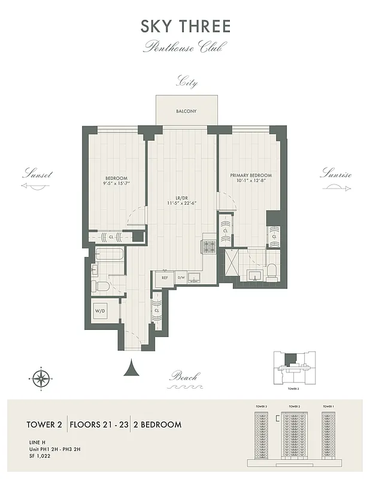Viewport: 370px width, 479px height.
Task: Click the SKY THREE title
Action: (x=185, y=26)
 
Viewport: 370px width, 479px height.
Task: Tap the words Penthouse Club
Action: (x=185, y=47)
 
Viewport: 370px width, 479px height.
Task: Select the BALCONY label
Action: (x=186, y=111)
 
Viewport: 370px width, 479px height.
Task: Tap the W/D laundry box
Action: (x=100, y=311)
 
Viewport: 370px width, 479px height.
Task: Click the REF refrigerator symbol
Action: (x=163, y=277)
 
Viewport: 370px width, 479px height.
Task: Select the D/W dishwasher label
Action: (x=181, y=277)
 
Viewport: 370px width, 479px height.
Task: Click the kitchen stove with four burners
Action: (x=211, y=246)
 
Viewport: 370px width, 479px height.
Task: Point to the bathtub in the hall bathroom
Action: (x=109, y=256)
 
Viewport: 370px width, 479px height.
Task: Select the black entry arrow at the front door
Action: (x=131, y=367)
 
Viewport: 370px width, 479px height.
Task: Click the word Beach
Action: (x=184, y=377)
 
